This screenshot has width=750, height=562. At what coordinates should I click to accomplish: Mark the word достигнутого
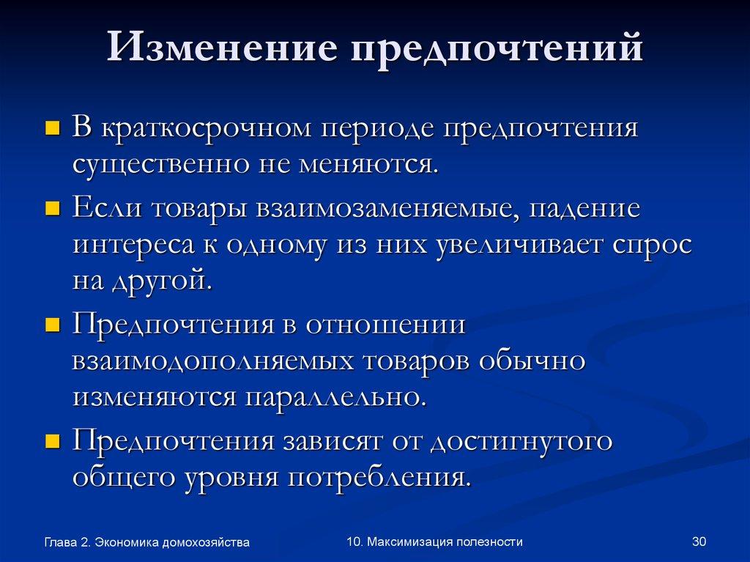click(521, 443)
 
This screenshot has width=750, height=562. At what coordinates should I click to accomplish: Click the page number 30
click(698, 542)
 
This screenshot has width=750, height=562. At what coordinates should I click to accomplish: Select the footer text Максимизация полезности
click(445, 542)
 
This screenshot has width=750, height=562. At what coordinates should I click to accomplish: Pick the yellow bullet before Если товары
click(52, 210)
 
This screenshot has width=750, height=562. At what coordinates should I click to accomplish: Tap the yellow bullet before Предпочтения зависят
click(52, 443)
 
